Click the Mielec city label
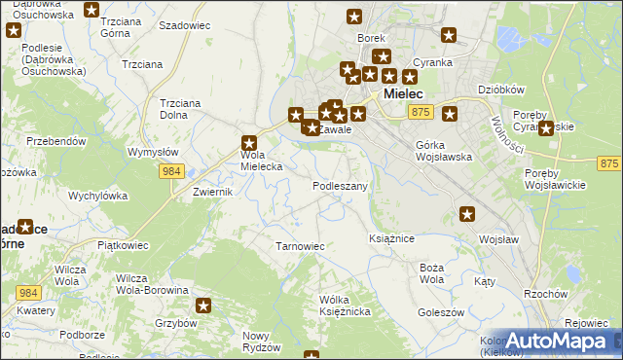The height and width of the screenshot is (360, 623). click(x=402, y=94)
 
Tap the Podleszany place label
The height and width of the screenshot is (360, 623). click(x=340, y=186)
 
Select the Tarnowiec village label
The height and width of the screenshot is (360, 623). click(x=300, y=246)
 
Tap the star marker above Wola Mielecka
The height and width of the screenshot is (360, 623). click(x=248, y=141)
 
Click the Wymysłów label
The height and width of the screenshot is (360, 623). click(x=153, y=152)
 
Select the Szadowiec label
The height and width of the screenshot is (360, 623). click(x=184, y=25)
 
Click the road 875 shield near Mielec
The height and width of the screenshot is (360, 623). click(x=420, y=113)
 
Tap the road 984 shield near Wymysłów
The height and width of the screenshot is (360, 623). click(x=171, y=171)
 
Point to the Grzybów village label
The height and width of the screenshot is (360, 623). click(x=176, y=323)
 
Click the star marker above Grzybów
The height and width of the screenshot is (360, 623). click(x=204, y=305)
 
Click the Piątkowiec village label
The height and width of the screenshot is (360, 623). click(x=121, y=245)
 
